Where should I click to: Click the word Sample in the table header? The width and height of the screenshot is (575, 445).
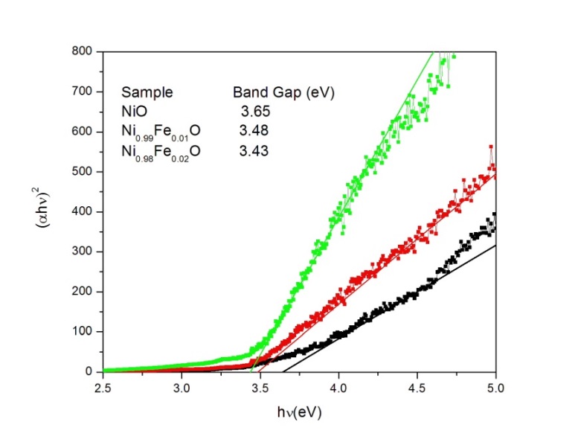[147, 93]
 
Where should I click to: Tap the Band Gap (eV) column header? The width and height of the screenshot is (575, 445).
[283, 93]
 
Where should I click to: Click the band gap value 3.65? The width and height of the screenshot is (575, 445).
[254, 112]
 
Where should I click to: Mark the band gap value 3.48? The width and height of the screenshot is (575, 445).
[254, 131]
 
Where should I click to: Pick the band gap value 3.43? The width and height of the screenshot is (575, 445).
[254, 150]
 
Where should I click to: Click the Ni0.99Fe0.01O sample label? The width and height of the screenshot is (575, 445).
[161, 132]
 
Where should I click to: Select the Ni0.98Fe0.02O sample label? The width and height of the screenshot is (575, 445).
[161, 151]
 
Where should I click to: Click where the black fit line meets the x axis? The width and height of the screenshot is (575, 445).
[282, 371]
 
